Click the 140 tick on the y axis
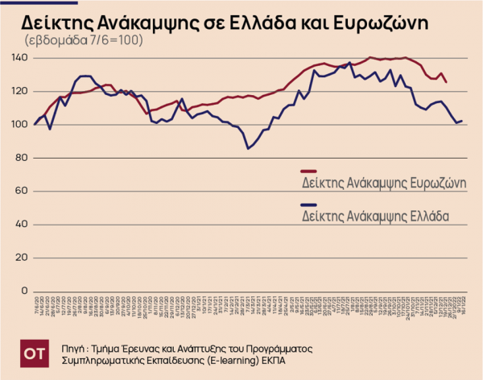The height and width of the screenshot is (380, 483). pyautogui.click(x=20, y=58)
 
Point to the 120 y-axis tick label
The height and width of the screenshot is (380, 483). pyautogui.click(x=20, y=91)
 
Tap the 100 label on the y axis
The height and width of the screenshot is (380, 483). pyautogui.click(x=20, y=124)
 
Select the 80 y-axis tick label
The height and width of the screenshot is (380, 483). pyautogui.click(x=23, y=157)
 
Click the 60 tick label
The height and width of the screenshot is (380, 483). pyautogui.click(x=23, y=191)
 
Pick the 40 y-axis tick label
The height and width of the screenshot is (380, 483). pyautogui.click(x=23, y=224)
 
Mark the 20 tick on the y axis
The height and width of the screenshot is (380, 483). pyautogui.click(x=23, y=257)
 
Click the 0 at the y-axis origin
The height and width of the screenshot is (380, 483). pyautogui.click(x=25, y=290)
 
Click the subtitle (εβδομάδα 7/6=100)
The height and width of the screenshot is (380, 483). pyautogui.click(x=84, y=39)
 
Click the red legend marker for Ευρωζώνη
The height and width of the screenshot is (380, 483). pyautogui.click(x=308, y=171)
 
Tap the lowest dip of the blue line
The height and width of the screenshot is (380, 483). pyautogui.click(x=248, y=148)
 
